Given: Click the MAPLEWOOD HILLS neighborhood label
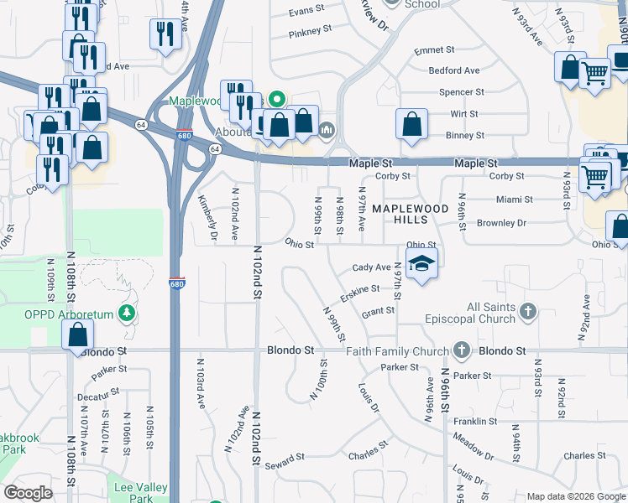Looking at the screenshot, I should point(411,213).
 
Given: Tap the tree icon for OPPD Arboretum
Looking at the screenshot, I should point(128,313).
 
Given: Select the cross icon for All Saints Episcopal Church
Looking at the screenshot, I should point(527,313).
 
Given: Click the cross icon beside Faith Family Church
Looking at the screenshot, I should point(460,350).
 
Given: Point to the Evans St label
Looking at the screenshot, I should point(306,10).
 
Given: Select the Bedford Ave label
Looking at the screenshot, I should point(453,71).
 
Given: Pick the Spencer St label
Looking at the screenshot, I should point(462,92).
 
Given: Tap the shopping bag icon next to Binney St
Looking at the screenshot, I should point(411,125).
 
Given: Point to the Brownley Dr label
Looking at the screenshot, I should point(501,223).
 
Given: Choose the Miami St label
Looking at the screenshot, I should point(514,200).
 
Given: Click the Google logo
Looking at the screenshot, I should point(29,493).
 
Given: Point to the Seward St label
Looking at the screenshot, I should point(284,462).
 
